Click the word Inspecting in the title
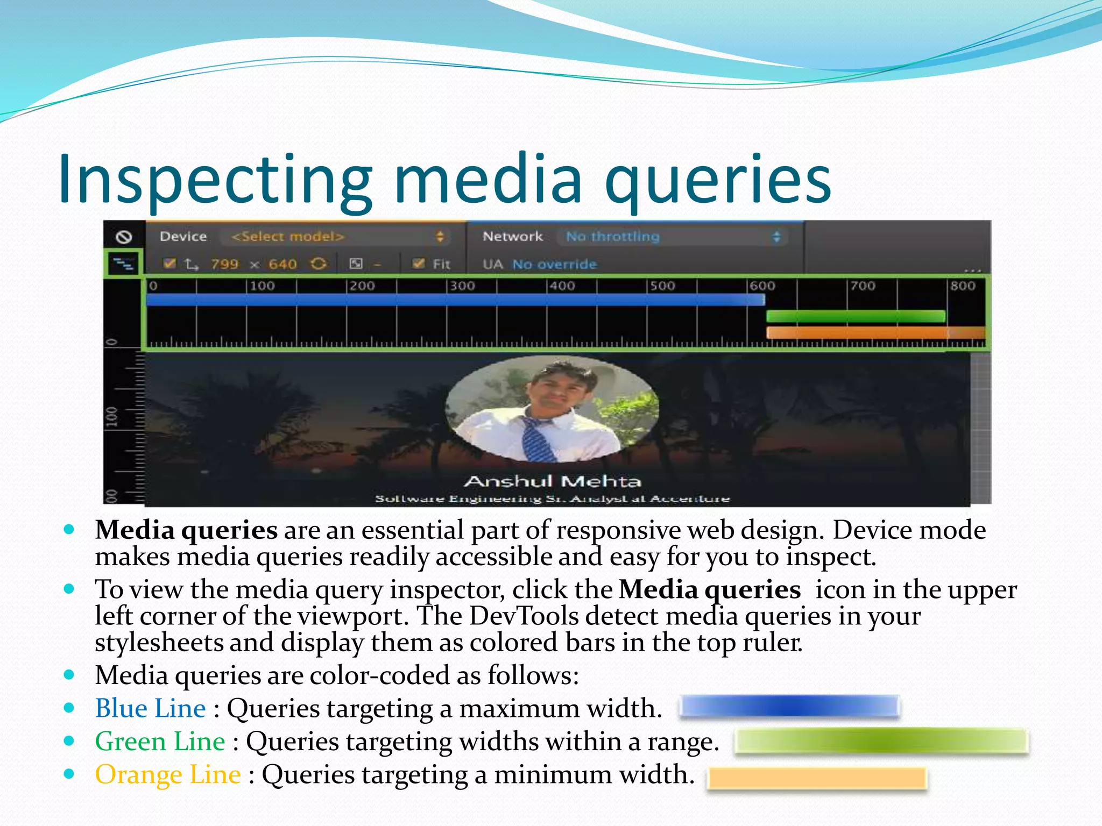coord(215,180)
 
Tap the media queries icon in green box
coord(124,264)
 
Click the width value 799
coord(224,264)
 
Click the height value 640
coord(282,264)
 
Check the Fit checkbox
coord(418,264)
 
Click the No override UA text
coord(554,264)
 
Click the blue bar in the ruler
coord(455,300)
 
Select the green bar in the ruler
coord(856,316)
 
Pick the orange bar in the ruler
coord(874,333)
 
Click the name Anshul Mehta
coord(552,481)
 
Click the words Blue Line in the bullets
coord(150,708)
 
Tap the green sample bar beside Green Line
coord(881,741)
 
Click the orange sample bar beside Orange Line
coord(817,778)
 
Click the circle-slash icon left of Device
coord(124,237)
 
